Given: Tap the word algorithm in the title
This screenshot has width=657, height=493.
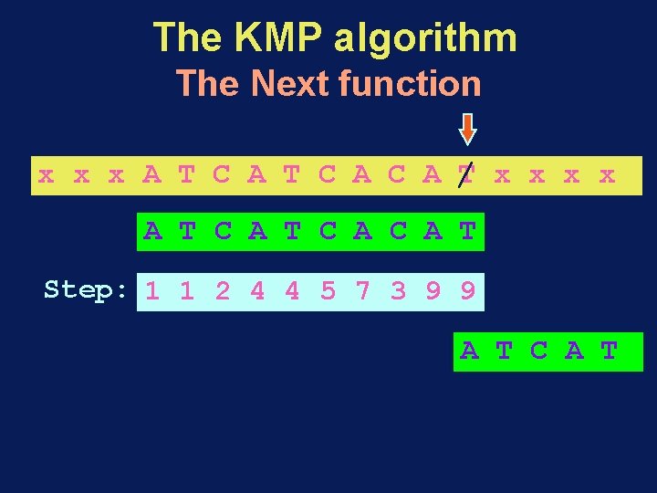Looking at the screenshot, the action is coord(426,39).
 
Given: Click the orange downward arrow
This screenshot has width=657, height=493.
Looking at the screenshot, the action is coord(467,129).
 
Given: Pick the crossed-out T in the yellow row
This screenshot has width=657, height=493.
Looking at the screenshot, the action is coord(467,174).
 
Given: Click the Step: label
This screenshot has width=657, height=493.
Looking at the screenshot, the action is coord(86,290).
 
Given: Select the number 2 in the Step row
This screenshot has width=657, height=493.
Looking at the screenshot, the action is coord(223,292).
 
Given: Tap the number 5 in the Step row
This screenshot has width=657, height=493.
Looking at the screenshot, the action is coord(328,292).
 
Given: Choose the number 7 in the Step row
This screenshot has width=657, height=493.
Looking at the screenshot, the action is coord(363,292).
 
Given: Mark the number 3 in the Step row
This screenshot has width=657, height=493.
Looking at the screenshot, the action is coord(398,292).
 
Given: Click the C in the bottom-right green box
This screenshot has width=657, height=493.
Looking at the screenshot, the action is coord(539,351).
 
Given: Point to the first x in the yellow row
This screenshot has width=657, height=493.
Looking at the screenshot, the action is coord(46,174).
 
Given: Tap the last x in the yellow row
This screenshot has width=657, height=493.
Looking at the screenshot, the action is coord(607,174).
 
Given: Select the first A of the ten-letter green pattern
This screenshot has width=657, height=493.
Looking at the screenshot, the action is coord(152,232).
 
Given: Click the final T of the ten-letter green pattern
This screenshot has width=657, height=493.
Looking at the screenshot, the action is coord(467,232).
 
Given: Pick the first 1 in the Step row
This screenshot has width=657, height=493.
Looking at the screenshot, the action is coord(152,292).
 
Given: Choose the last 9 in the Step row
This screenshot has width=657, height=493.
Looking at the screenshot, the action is coord(467,292).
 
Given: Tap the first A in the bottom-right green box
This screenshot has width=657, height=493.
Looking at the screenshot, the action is coord(469,351).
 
